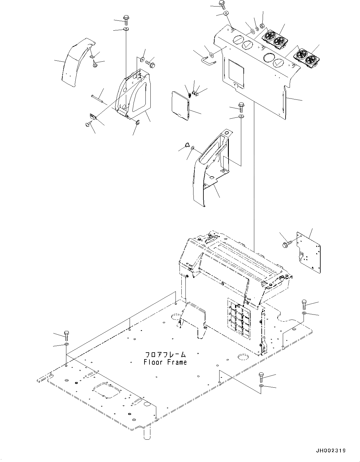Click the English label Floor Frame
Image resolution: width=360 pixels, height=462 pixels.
[x=165, y=362]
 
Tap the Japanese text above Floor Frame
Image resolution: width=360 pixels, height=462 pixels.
[x=166, y=354]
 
